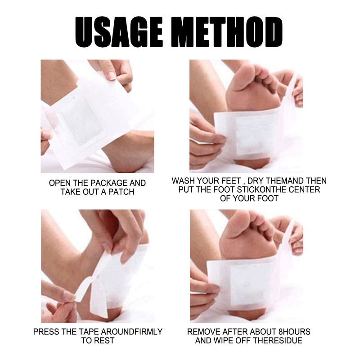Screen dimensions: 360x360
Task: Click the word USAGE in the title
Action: (x=119, y=32)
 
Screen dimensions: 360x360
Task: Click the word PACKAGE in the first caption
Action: (x=108, y=183)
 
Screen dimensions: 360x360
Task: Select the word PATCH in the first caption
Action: (x=121, y=192)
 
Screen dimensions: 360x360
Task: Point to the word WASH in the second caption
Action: (x=183, y=181)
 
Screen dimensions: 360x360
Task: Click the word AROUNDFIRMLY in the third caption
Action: (x=132, y=332)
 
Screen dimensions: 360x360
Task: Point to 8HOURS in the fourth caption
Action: (x=294, y=332)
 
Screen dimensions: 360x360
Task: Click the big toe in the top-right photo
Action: (x=244, y=75)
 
